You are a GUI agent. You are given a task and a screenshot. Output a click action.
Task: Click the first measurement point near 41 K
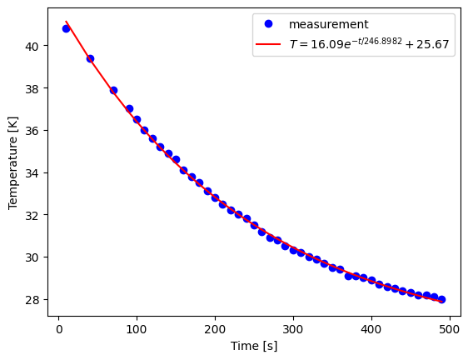[x=66, y=28]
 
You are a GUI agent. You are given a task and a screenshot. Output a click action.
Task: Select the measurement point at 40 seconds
[x=90, y=58]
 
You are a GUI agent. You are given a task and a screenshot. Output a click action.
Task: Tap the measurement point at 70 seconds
[x=113, y=90]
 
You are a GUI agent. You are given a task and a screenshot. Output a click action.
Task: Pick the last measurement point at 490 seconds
[x=441, y=299]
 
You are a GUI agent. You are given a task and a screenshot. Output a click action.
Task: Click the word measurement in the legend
[x=328, y=25]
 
